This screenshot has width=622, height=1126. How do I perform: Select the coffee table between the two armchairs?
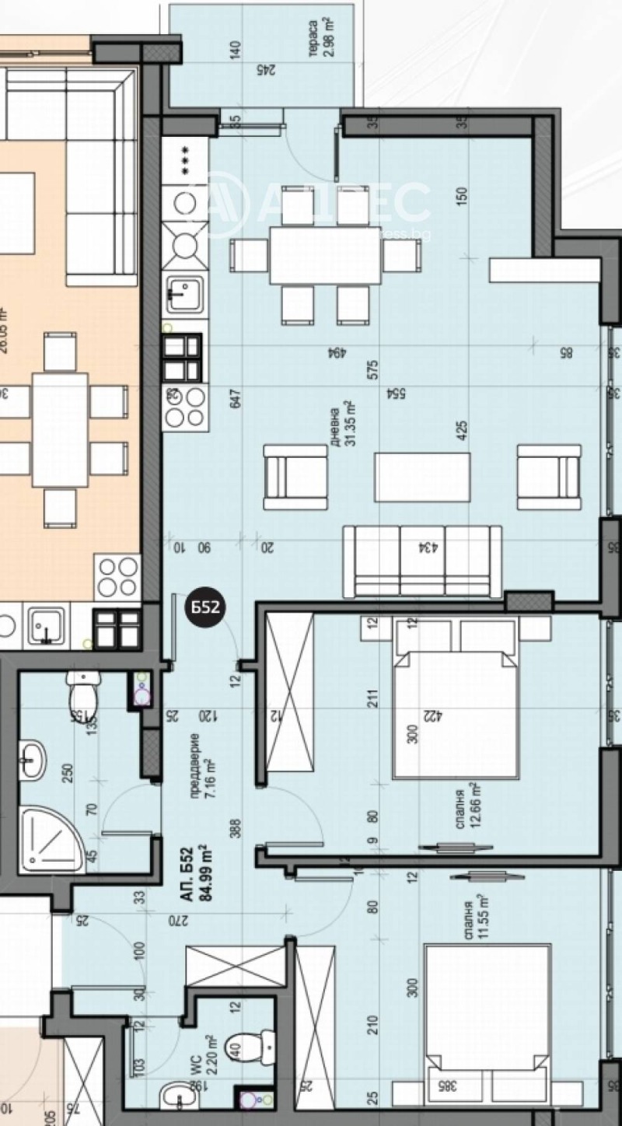click(x=422, y=477)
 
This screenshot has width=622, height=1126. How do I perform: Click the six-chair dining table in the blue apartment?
click(x=326, y=256)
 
